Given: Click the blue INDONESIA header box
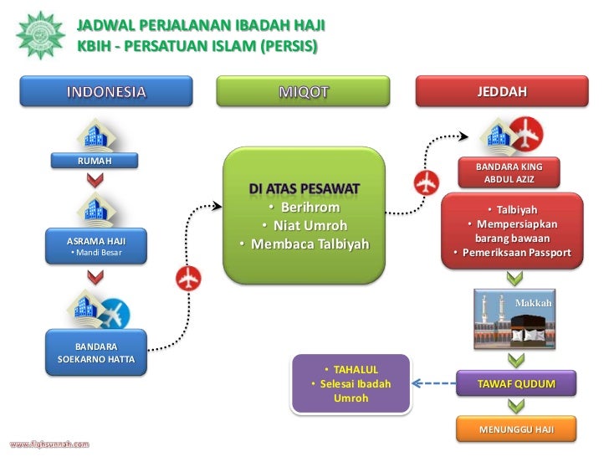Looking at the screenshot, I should [105, 91].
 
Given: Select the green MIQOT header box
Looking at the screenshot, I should [303, 91].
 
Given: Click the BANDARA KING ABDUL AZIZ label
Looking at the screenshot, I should [508, 173].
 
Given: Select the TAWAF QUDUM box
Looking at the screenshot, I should [515, 384].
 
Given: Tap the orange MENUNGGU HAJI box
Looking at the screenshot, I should [515, 430].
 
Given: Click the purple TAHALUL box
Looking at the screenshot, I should [351, 384].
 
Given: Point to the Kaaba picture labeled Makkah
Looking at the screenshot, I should [515, 320].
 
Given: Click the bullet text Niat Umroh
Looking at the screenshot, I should [303, 226].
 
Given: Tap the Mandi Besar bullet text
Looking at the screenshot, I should [95, 252].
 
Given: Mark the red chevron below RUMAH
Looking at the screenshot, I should [95, 179].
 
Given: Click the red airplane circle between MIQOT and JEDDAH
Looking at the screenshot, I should [427, 181].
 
